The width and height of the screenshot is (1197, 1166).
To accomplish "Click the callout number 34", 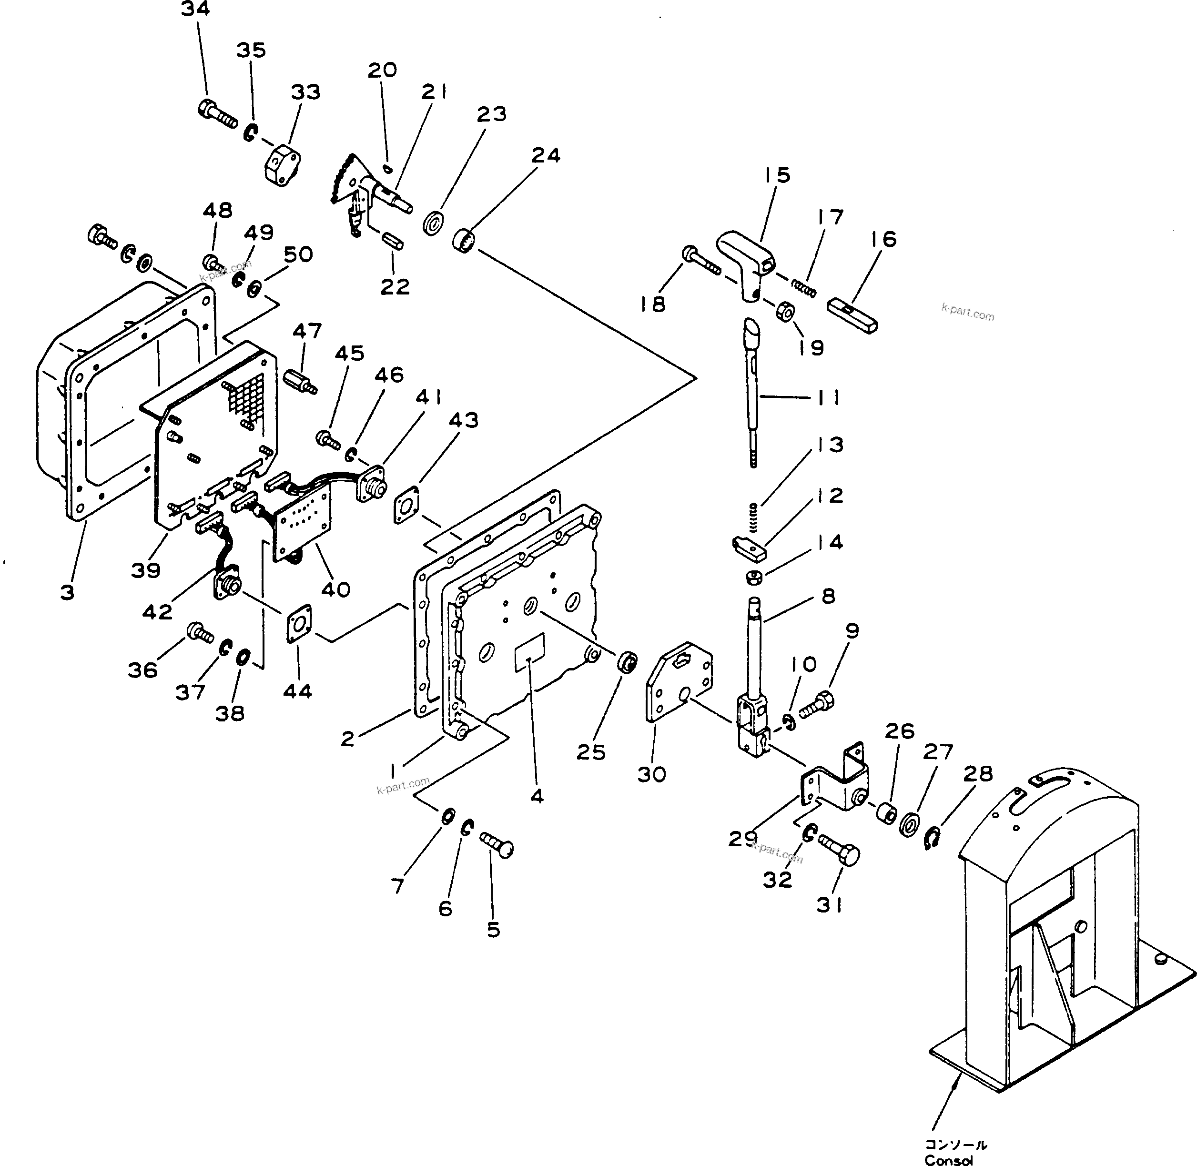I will point(195,9).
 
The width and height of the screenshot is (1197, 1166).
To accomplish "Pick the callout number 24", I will point(546,155).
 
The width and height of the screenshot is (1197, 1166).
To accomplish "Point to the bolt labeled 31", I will point(840,849).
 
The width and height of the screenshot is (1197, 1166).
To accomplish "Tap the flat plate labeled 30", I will point(679,680).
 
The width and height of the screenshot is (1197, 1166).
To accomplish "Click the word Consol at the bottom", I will point(948,1160).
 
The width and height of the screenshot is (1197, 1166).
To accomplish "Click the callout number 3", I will point(67,592).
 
